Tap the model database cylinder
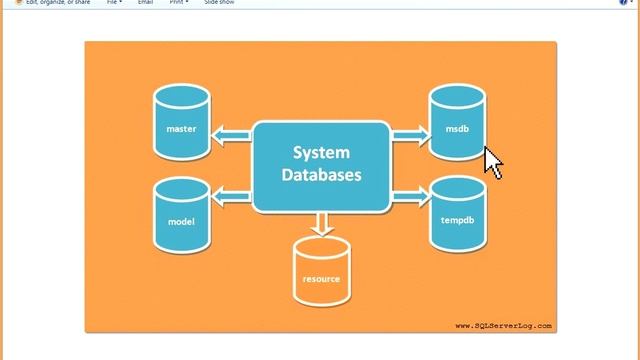tap(182, 214)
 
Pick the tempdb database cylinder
tap(457, 214)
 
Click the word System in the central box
tap(321, 153)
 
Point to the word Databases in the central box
tap(321, 175)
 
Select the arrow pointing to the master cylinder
tap(232, 133)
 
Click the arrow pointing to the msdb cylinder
tap(409, 133)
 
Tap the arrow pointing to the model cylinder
tap(232, 196)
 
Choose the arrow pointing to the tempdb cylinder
tap(409, 196)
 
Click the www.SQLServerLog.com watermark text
tap(503, 325)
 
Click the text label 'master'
tap(181, 129)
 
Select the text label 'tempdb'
tap(457, 219)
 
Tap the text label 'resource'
tap(321, 279)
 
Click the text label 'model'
tap(181, 221)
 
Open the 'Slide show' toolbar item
tap(219, 3)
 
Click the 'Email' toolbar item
tap(146, 3)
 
